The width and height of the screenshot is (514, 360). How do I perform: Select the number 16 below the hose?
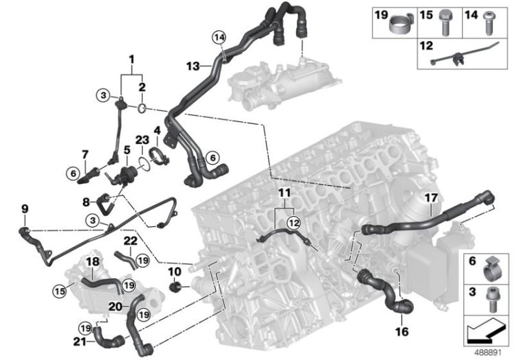click(x=402, y=331)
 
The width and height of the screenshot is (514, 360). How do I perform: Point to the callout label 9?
click(x=25, y=208)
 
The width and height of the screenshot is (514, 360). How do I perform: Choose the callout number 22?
click(x=131, y=241)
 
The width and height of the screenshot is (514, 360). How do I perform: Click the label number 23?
click(x=140, y=139)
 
